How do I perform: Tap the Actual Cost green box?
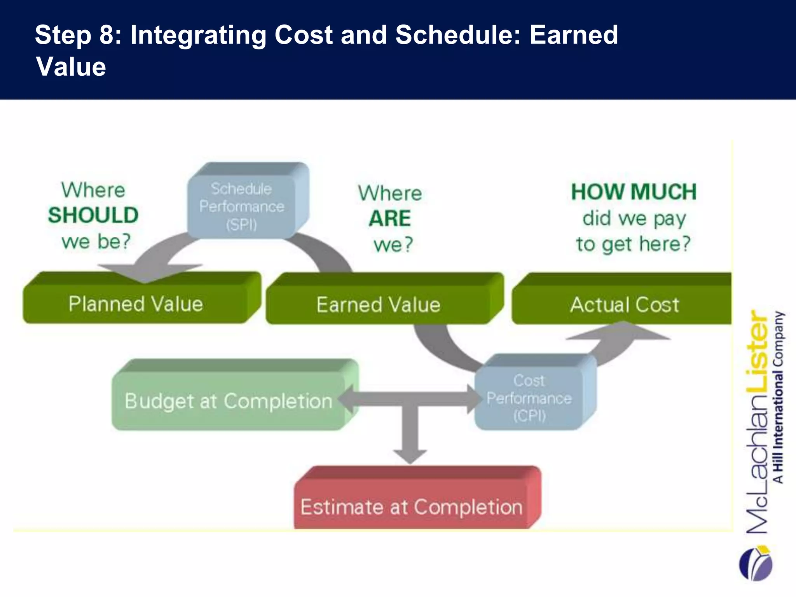click(624, 304)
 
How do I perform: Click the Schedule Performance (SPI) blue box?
click(242, 206)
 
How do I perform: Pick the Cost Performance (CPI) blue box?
click(529, 398)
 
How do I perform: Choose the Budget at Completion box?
click(229, 401)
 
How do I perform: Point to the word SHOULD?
click(93, 215)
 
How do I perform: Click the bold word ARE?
click(390, 218)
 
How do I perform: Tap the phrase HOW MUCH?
click(634, 192)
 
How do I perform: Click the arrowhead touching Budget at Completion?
click(346, 399)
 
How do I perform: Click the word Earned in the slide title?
click(574, 35)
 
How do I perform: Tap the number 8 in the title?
click(106, 35)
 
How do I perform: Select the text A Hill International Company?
click(779, 396)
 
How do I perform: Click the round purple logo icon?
click(756, 564)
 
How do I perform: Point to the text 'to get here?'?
click(634, 244)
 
